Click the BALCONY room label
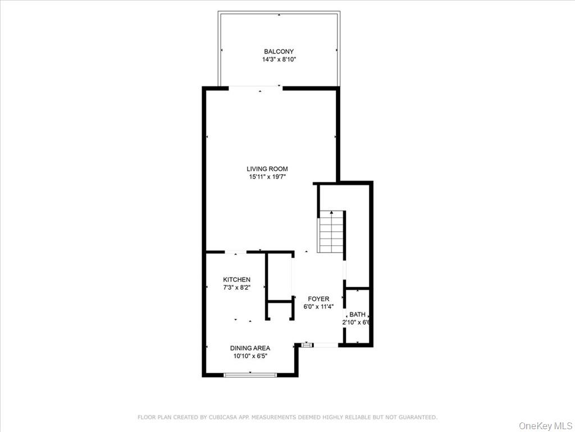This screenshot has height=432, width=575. pyautogui.click(x=279, y=52)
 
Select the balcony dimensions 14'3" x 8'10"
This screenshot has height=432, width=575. pyautogui.click(x=279, y=59)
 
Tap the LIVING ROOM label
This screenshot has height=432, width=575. pyautogui.click(x=267, y=169)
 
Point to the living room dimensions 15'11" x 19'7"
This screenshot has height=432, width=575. pyautogui.click(x=267, y=177)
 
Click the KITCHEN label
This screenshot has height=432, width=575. pyautogui.click(x=236, y=280)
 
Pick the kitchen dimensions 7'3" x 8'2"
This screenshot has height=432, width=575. pyautogui.click(x=236, y=287)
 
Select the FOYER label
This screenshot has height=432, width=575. pyautogui.click(x=318, y=299)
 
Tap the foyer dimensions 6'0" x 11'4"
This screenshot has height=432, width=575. pyautogui.click(x=318, y=307)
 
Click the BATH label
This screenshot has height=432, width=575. pyautogui.click(x=357, y=314)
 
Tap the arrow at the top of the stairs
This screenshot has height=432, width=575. pyautogui.click(x=331, y=213)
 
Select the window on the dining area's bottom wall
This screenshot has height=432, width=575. pyautogui.click(x=249, y=375)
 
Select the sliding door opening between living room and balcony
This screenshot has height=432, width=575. pyautogui.click(x=255, y=87)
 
